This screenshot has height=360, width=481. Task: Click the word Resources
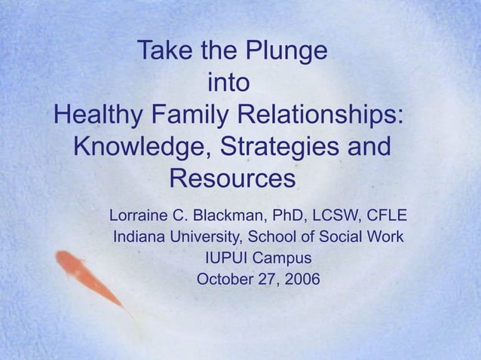click(x=231, y=179)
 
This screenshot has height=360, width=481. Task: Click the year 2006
click(x=302, y=279)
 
